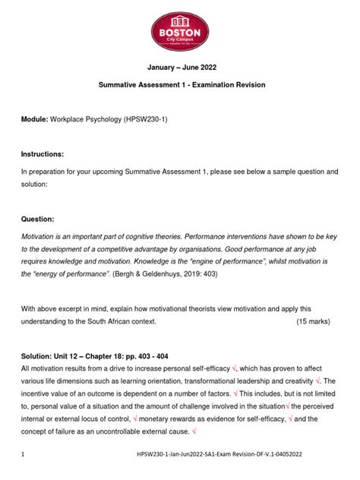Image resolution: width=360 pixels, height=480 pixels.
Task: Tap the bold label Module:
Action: coord(34,121)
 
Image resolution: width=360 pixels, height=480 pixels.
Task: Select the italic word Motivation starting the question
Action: coord(41,236)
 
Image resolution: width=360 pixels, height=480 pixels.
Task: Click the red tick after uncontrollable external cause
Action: coord(195,431)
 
